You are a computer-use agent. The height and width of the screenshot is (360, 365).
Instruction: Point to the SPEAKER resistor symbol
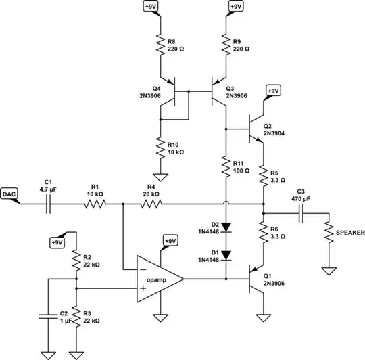pyautogui.click(x=328, y=233)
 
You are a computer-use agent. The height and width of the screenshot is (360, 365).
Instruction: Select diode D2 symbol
pyautogui.click(x=225, y=227)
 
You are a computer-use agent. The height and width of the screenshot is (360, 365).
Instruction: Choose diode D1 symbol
pyautogui.click(x=225, y=254)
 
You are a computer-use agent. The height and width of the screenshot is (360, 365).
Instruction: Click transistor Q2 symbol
pyautogui.click(x=257, y=128)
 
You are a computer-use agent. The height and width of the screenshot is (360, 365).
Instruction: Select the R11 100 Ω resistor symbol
pyautogui.click(x=225, y=166)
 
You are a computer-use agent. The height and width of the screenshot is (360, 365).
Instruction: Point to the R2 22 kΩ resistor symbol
pyautogui.click(x=76, y=259)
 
